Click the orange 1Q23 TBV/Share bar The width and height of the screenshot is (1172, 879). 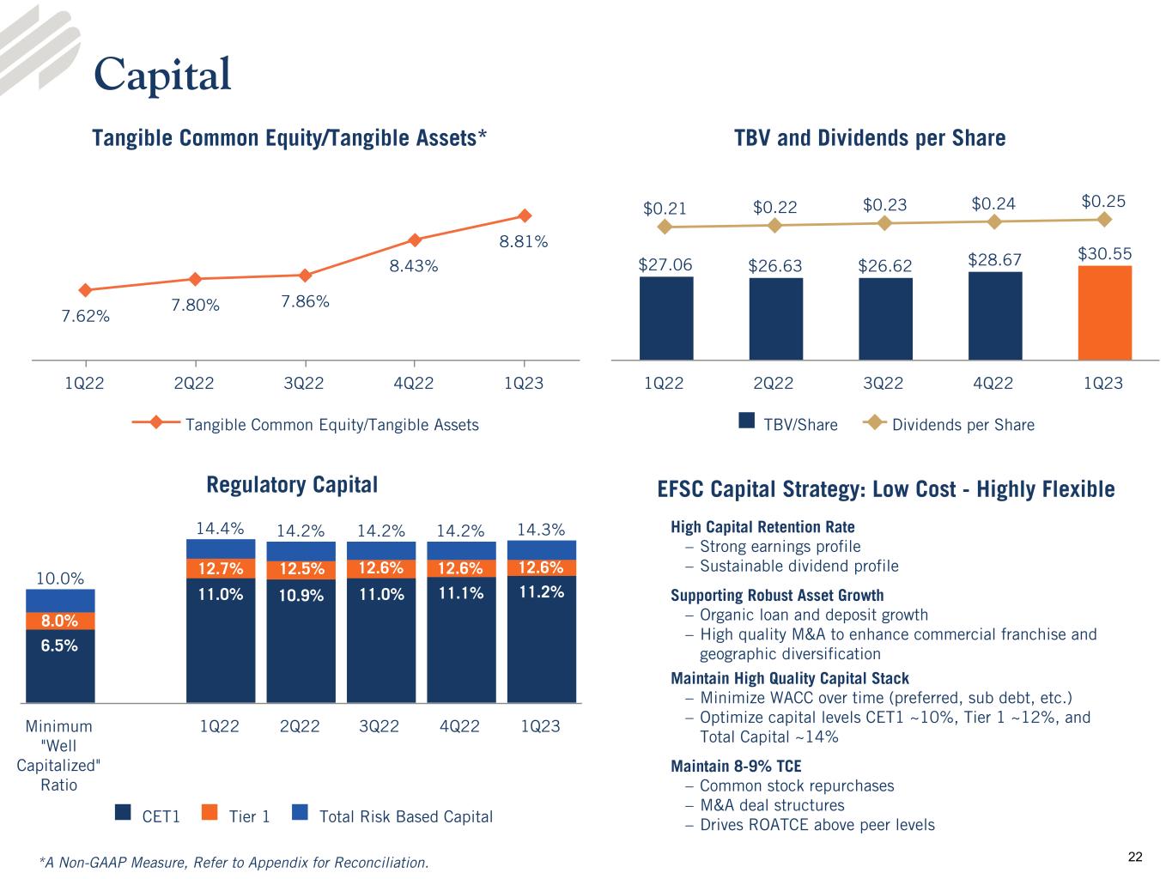click(x=1104, y=312)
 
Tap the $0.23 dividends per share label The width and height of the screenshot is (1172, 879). click(x=884, y=204)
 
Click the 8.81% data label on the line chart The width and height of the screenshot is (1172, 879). click(x=524, y=242)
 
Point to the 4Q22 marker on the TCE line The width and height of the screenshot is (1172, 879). click(x=415, y=239)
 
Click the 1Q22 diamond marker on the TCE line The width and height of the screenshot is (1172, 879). click(x=84, y=290)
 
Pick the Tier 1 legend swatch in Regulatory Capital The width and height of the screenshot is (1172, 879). click(x=209, y=812)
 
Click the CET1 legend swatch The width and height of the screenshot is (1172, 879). click(x=123, y=812)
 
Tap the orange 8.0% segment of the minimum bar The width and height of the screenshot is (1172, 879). click(x=60, y=621)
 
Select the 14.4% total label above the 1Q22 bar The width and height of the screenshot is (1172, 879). click(x=220, y=529)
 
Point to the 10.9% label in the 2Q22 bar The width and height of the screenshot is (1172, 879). click(x=301, y=594)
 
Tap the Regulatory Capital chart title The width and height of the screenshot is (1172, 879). click(x=292, y=485)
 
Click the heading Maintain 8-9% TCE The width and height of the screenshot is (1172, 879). click(x=736, y=766)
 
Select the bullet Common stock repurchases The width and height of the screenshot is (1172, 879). click(x=797, y=785)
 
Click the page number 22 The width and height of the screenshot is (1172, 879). click(x=1135, y=857)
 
